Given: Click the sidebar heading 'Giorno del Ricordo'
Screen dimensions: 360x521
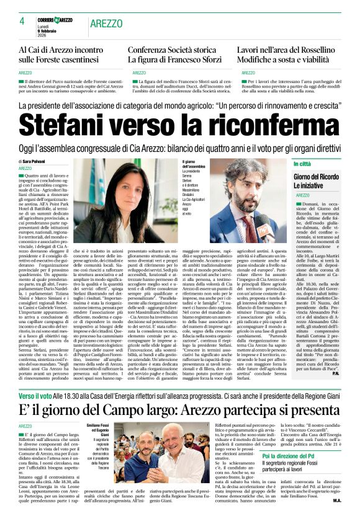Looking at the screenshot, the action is pyautogui.click(x=315, y=178).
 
